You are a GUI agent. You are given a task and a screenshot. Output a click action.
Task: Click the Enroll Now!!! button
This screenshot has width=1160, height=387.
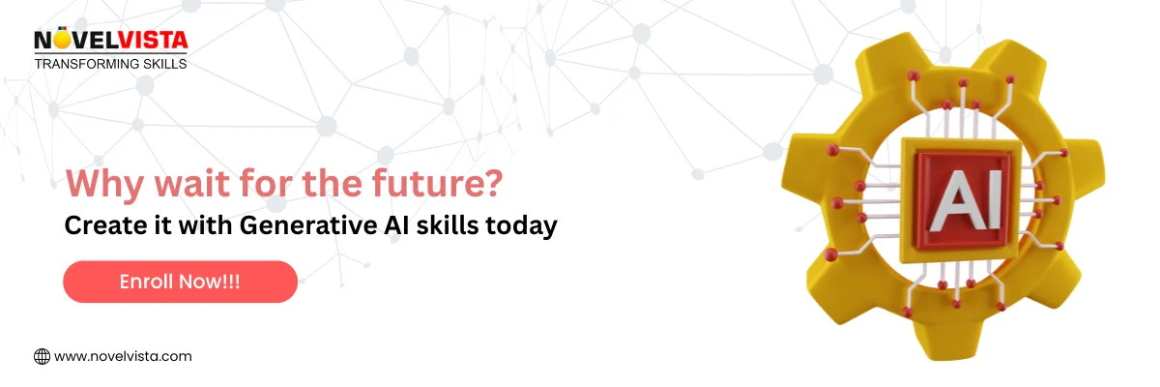pyautogui.click(x=180, y=282)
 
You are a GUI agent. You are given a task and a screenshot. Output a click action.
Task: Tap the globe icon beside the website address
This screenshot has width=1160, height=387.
pyautogui.click(x=42, y=356)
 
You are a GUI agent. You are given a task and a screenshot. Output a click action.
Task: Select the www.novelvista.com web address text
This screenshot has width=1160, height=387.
pyautogui.click(x=123, y=356)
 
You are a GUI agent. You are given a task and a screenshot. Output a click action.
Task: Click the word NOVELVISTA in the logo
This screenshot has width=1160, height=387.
pyautogui.click(x=110, y=41)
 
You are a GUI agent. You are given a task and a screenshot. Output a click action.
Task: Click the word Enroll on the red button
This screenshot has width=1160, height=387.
pyautogui.click(x=146, y=282)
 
